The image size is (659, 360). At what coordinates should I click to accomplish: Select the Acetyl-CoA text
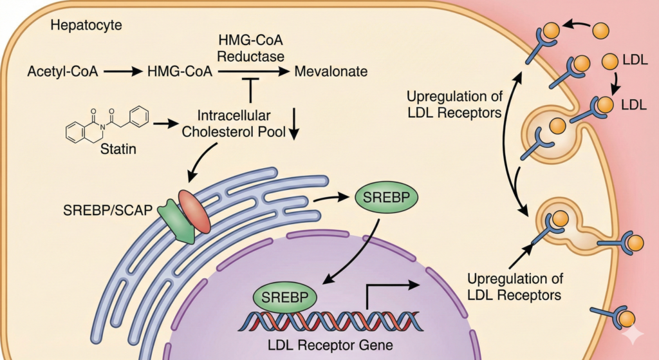(62, 71)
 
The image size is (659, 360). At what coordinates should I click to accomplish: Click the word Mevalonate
(331, 71)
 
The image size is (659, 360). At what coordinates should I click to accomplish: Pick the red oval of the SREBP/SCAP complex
(194, 211)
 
